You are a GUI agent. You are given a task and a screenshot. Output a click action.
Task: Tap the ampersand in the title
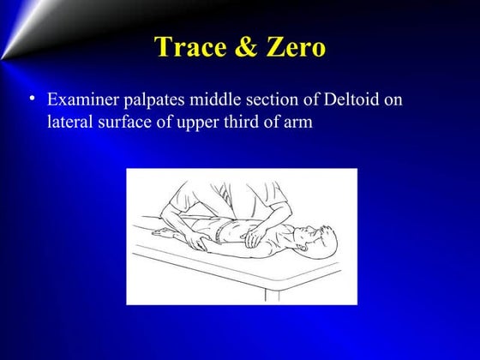(x=241, y=47)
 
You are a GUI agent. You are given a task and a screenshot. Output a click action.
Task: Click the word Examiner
(x=81, y=101)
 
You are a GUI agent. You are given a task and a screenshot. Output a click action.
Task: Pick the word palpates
(x=156, y=102)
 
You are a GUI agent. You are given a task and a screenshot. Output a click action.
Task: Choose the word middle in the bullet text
(x=214, y=101)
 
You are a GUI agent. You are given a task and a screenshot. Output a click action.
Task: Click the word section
(x=268, y=101)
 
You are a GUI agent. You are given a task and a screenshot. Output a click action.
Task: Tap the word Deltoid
(x=347, y=101)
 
